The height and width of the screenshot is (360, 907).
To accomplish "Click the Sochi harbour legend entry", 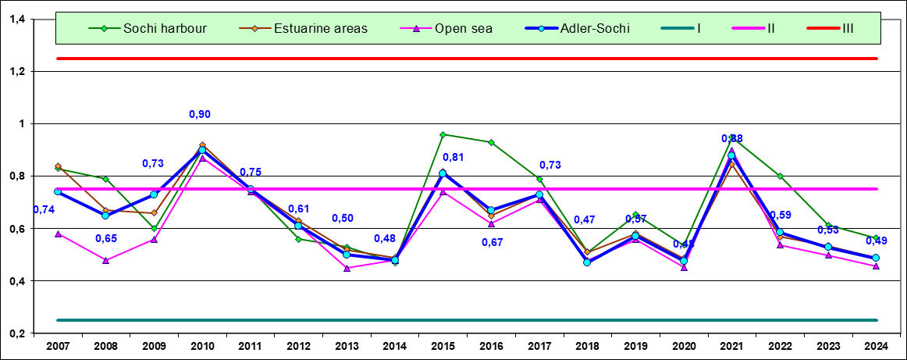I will click(152, 29).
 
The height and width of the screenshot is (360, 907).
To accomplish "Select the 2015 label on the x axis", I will click(443, 345).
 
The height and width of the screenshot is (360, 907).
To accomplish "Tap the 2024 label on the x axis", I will click(876, 345).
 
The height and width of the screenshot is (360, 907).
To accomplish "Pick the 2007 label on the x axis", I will click(58, 345).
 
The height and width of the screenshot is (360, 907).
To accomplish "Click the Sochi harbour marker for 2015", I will click(443, 134).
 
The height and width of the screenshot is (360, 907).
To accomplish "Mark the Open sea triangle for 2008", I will click(105, 260).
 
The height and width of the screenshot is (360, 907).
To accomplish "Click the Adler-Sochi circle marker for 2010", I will click(202, 150).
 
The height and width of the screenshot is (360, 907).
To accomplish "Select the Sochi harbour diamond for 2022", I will click(780, 176).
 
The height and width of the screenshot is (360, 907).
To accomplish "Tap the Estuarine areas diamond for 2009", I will click(154, 212).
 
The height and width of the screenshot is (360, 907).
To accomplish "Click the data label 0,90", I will click(200, 115).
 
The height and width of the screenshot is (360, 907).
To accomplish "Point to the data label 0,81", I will click(453, 158).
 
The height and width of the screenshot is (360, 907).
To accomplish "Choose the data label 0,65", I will click(106, 238).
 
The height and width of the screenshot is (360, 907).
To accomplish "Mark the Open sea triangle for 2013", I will click(347, 268).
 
